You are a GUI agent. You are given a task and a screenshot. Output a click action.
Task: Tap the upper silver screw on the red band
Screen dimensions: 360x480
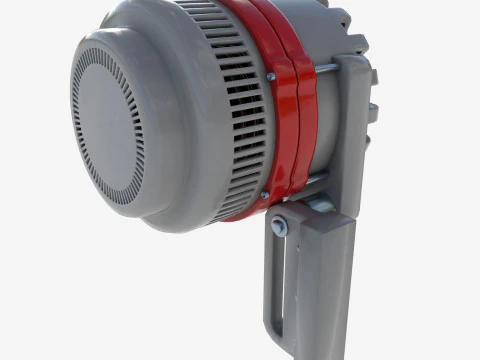[269, 77]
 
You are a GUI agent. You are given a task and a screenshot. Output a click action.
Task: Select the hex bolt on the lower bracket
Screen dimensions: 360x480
[280, 228]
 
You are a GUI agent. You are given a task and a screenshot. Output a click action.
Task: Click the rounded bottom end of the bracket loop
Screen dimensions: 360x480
[276, 335]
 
